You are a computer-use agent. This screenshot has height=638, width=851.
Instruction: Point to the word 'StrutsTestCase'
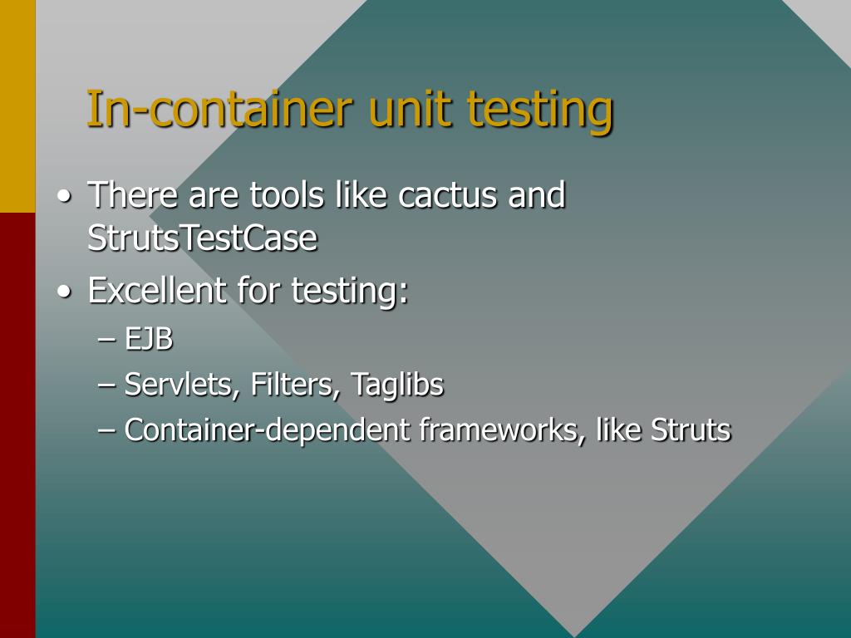point(202,238)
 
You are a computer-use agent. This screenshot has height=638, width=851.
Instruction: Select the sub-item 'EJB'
point(149,340)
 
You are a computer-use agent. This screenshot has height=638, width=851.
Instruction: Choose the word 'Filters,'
point(296,385)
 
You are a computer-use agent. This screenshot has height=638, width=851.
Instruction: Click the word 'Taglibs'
point(396,385)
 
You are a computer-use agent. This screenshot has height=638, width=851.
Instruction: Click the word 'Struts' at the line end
point(691,430)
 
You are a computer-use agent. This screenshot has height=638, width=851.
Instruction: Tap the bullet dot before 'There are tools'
point(65,198)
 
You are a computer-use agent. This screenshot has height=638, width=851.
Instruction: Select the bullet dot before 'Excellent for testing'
point(65,292)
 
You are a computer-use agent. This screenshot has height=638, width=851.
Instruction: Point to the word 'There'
point(133,196)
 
